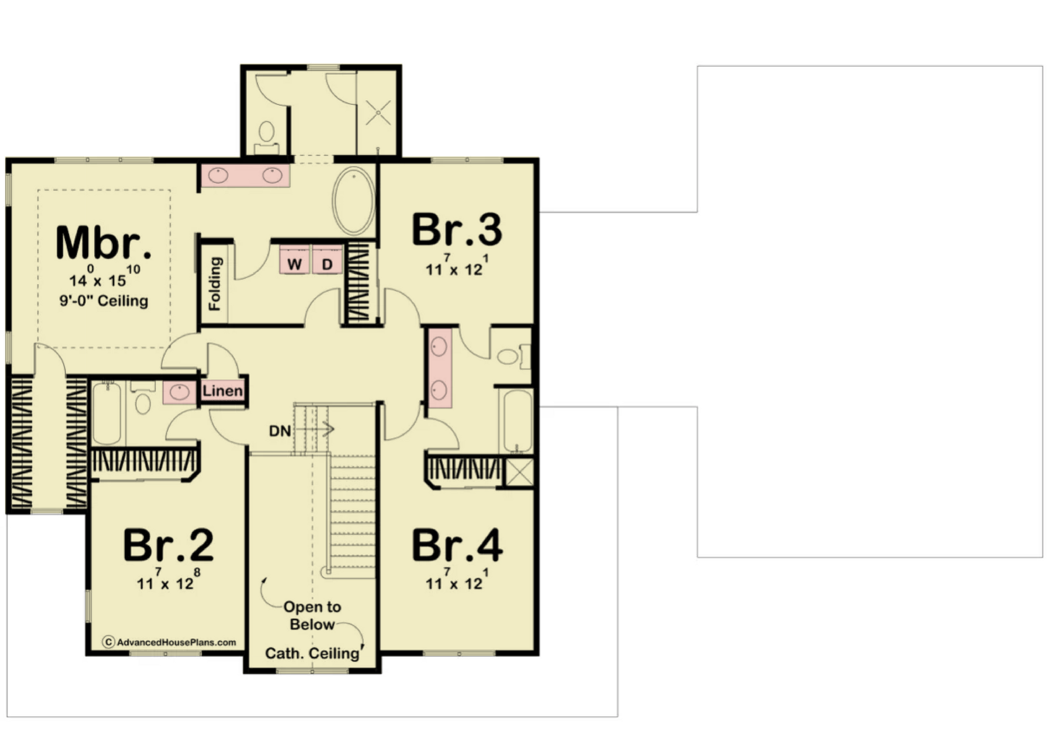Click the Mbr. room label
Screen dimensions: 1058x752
point(104,242)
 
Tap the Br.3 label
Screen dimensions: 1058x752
point(457,230)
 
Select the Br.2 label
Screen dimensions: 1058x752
point(168,545)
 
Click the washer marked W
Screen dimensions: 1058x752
point(295,260)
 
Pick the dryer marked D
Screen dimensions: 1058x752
point(327,260)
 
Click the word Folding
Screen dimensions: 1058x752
point(215,284)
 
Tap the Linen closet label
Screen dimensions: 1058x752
point(223,391)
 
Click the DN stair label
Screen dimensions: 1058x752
point(280,431)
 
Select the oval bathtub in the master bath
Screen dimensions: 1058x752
point(354,201)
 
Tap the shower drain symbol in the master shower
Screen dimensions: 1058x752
point(379,112)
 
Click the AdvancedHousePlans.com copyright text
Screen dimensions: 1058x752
point(169,642)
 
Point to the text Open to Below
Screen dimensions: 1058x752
point(312,615)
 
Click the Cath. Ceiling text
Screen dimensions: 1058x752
point(312,653)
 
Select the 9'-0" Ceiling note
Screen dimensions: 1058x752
point(104,301)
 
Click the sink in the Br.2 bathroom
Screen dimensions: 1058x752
point(179,392)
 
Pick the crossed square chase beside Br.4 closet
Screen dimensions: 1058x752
point(519,472)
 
